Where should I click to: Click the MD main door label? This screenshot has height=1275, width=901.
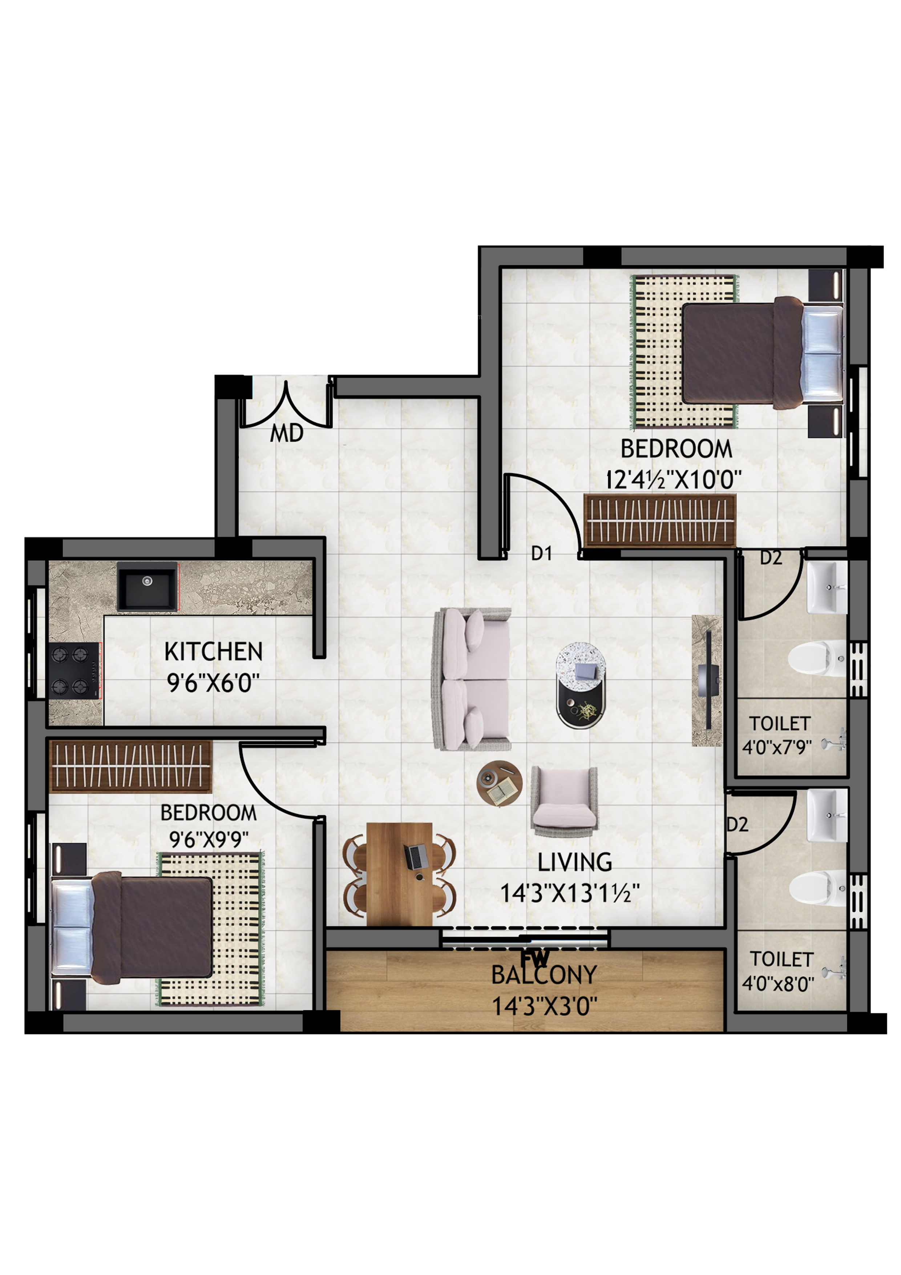coord(286,433)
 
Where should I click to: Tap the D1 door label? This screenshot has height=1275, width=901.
coord(541,553)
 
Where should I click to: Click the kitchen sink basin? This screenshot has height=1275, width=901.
coord(147,586)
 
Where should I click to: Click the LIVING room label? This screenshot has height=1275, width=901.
coord(575,862)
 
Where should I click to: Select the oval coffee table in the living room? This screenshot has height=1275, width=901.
coord(581,686)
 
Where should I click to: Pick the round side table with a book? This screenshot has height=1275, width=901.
coord(499,783)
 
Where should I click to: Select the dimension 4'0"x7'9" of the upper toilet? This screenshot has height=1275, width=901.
coord(777,748)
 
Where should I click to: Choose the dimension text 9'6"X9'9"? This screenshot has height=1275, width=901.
coord(208,840)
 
